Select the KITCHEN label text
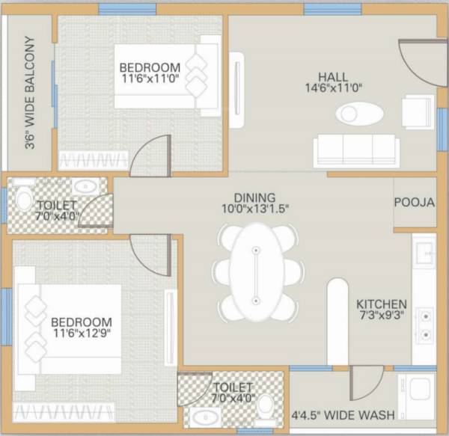[382, 304]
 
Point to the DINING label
[254, 198]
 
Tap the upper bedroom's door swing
[147, 158]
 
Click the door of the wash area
[365, 383]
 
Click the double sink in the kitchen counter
[425, 325]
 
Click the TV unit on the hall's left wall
[239, 84]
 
